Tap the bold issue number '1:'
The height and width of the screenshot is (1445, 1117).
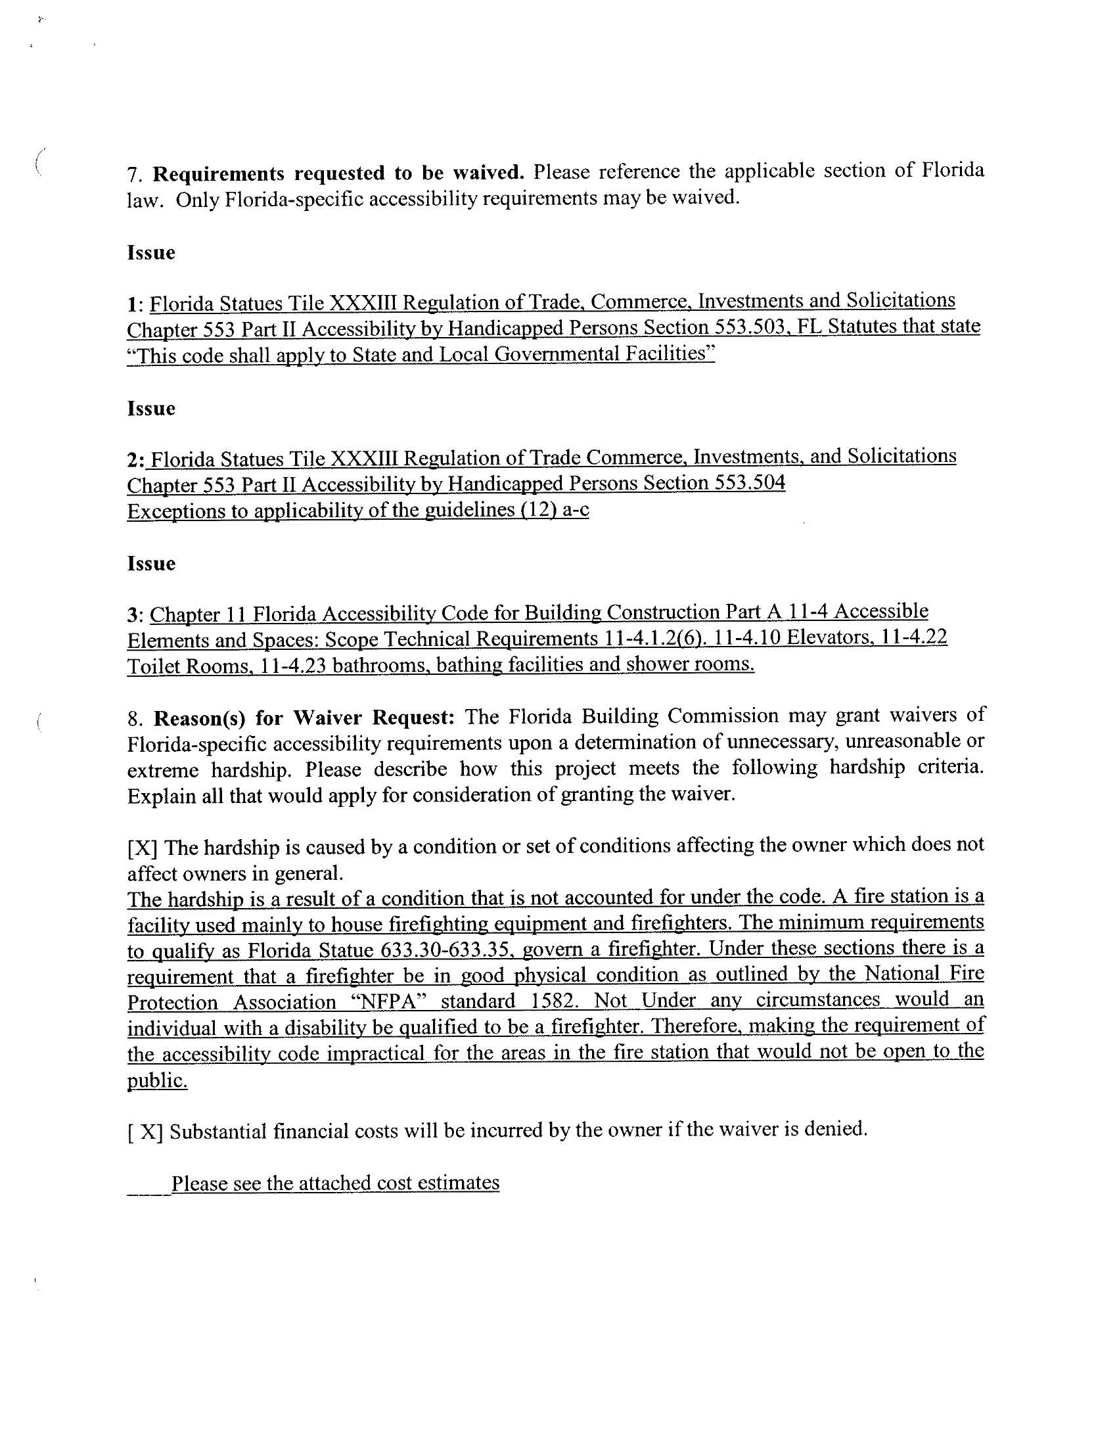tap(135, 304)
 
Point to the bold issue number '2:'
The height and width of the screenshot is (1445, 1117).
tap(135, 460)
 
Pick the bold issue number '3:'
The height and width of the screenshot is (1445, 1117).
tap(135, 615)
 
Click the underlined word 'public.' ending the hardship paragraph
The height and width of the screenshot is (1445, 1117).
tap(157, 1080)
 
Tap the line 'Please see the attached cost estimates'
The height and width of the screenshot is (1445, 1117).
tap(335, 1183)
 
